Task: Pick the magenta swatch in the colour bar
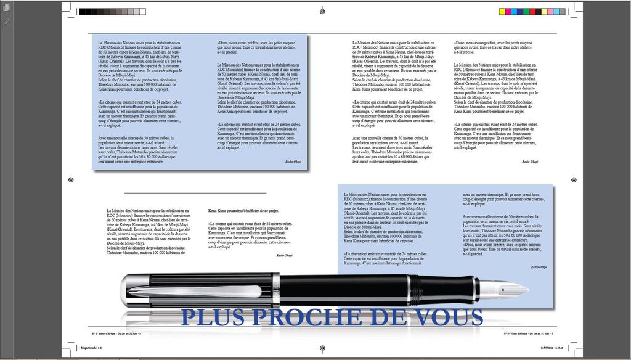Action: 508,11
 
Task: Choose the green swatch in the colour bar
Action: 526,11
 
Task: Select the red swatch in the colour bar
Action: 532,11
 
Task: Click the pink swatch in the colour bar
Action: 550,11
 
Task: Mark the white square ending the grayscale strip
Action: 142,11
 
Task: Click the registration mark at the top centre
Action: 322,11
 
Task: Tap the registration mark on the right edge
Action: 574,179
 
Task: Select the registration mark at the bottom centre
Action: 322,348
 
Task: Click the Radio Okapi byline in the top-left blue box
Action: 293,161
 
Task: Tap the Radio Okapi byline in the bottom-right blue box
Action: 539,267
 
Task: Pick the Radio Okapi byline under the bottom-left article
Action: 284,255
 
